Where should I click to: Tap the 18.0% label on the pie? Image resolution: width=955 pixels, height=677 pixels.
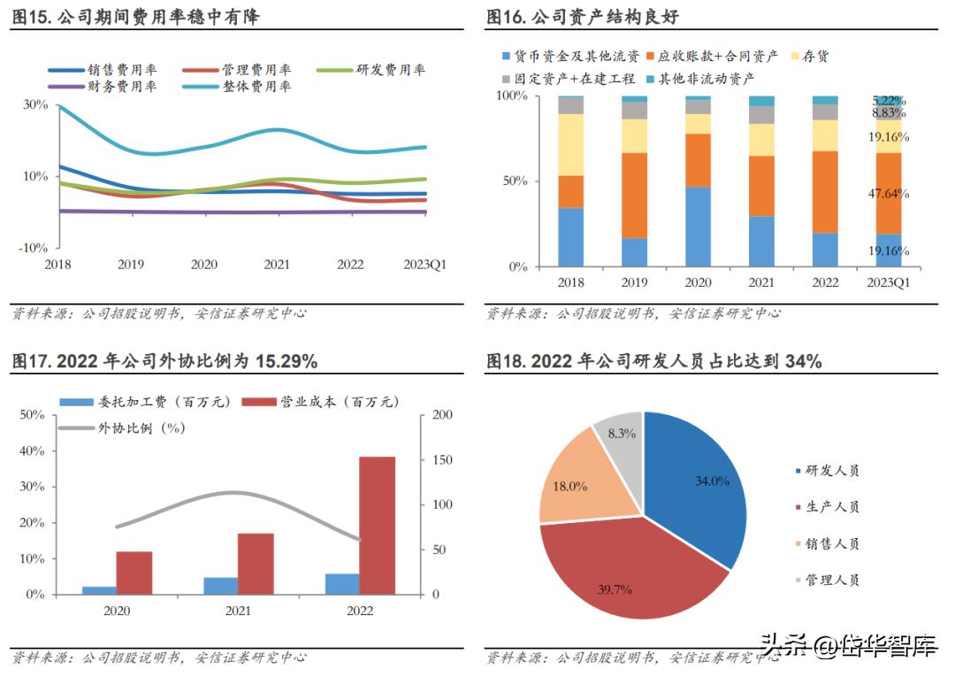click(x=570, y=486)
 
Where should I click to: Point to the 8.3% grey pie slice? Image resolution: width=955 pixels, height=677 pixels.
click(x=622, y=434)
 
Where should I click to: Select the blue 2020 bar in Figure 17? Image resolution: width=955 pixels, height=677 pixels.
click(x=99, y=590)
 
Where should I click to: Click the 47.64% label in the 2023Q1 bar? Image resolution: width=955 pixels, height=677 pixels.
click(x=889, y=193)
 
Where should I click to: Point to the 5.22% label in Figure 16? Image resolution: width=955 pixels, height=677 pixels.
click(x=889, y=101)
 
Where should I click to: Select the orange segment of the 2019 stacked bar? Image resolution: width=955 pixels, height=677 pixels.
click(x=635, y=195)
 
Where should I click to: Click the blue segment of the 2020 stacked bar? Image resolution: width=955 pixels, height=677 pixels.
click(x=698, y=227)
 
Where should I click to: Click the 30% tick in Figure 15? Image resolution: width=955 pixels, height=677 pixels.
click(x=34, y=104)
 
